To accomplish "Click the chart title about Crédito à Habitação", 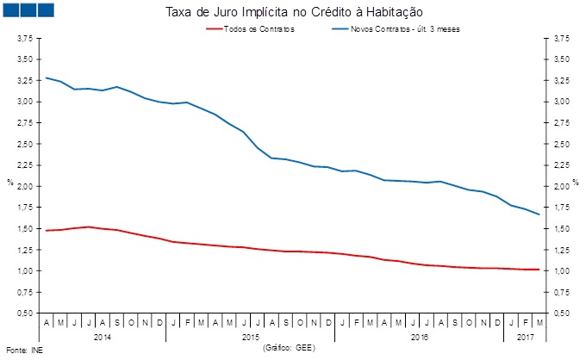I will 293,12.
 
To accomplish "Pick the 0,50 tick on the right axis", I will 561,313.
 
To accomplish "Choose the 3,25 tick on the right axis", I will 561,81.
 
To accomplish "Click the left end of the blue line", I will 46,78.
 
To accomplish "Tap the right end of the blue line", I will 539,214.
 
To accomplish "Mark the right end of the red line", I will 539,270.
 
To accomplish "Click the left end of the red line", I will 46,230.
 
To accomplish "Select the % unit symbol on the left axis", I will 9,183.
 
